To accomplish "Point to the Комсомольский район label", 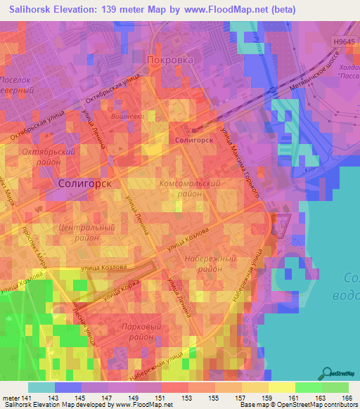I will coord(190,188).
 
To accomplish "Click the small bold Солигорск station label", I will coord(192,141).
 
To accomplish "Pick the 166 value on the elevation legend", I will coord(346,399).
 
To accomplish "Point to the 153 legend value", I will coord(188,399).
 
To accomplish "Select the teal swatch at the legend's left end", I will coord(41,387).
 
